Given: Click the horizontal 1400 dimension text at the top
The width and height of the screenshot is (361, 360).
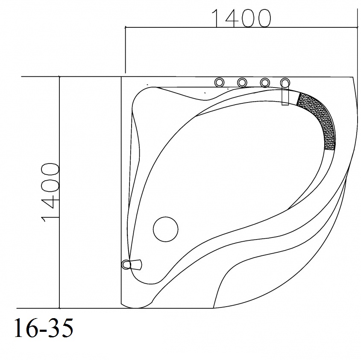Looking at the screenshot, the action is point(241,18).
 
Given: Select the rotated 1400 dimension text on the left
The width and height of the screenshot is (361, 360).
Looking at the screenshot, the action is point(50,192).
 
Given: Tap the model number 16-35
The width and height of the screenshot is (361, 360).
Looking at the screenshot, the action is point(44,328).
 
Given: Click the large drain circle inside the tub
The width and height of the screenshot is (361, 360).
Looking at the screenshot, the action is point(165,229).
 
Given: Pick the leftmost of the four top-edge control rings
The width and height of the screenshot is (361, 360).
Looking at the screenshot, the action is point(219,82).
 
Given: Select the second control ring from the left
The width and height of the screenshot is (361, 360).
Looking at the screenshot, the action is point(242,82).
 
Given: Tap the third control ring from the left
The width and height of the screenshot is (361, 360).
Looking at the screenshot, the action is point(265,82).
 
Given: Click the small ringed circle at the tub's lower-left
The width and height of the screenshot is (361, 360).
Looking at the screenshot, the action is point(126,264).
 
